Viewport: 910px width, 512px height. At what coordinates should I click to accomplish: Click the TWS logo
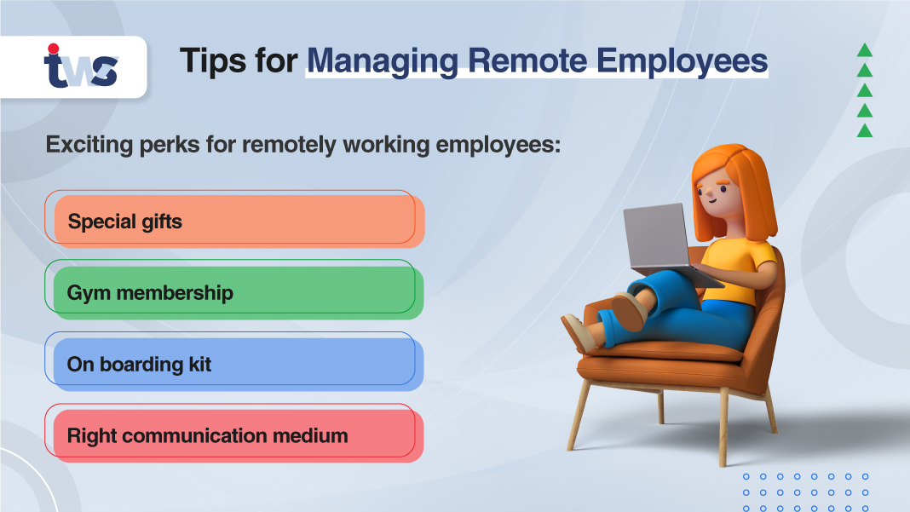click(x=80, y=67)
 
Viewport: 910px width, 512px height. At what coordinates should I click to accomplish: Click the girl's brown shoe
click(x=628, y=311)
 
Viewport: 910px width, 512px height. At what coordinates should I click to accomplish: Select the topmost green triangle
click(x=864, y=50)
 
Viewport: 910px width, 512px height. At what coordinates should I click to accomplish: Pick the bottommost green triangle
click(x=864, y=130)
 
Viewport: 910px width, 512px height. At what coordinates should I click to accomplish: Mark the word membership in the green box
click(x=175, y=292)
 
